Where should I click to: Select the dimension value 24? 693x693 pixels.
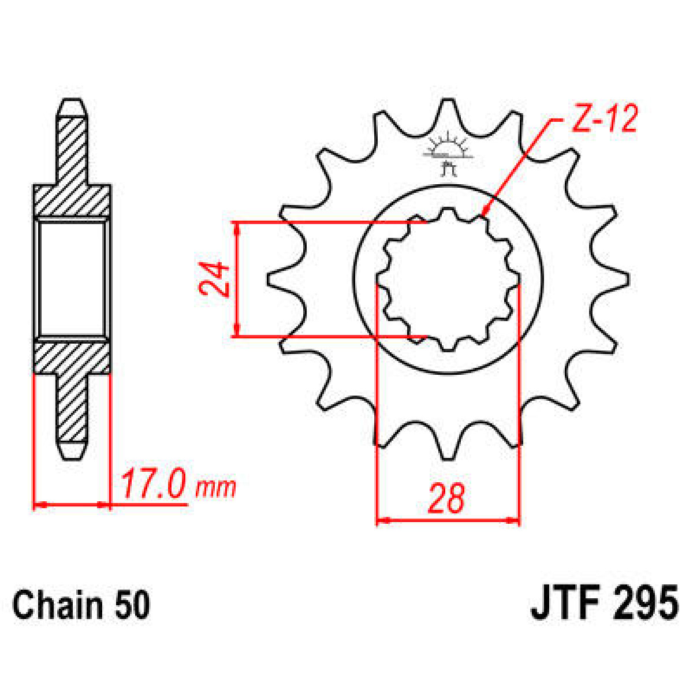pos(215,279)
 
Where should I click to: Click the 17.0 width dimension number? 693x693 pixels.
pos(153,485)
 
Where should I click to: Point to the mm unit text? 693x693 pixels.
pos(216,488)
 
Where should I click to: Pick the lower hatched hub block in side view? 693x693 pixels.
pos(72,358)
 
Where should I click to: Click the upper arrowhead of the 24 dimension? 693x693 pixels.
pos(236,227)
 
